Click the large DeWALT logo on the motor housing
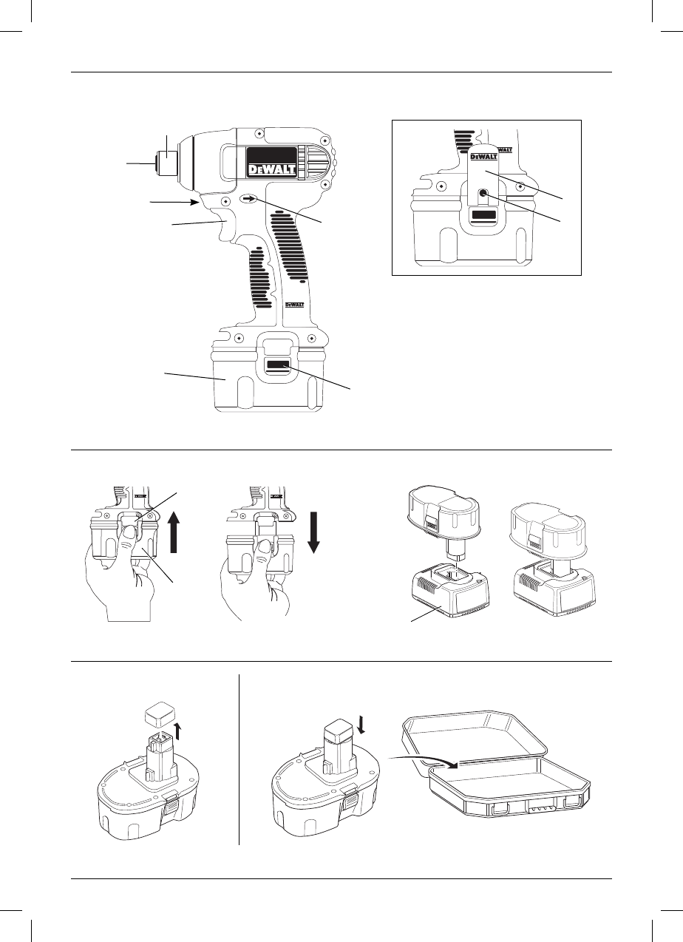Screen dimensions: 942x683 (271, 171)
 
